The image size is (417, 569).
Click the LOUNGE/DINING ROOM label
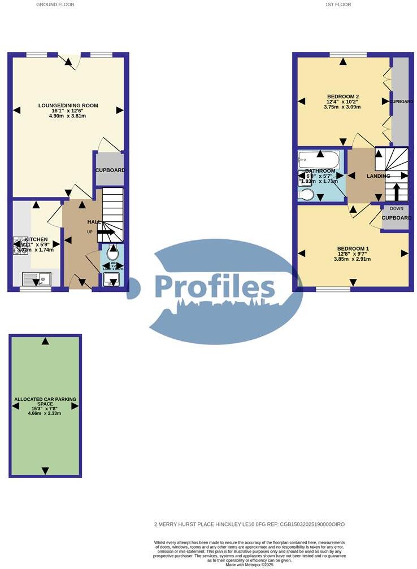tap(68, 105)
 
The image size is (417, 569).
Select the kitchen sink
tap(36, 278)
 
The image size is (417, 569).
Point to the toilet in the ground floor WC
tap(113, 251)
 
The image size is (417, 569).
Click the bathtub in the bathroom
tap(319, 159)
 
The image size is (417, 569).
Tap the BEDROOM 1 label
tap(353, 248)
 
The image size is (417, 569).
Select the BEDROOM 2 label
tap(343, 96)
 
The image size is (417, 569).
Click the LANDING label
tap(378, 176)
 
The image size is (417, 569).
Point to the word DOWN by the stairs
tap(397, 208)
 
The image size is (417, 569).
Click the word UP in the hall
tap(89, 232)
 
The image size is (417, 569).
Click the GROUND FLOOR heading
tap(55, 5)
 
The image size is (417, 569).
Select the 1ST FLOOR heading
tap(338, 5)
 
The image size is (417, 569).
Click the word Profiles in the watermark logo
tap(215, 286)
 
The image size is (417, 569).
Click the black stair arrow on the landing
tap(396, 191)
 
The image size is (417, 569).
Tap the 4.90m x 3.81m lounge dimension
tap(68, 116)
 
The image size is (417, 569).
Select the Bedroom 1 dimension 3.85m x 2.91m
tap(353, 259)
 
